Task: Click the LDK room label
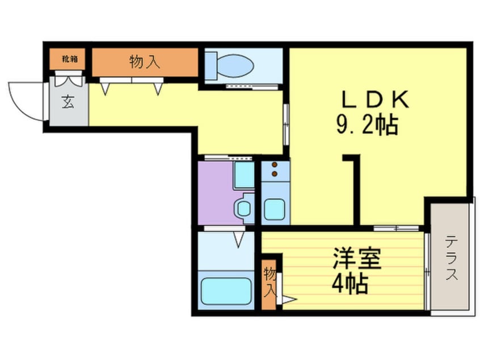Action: [x=375, y=101]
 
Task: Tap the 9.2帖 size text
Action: [x=367, y=124]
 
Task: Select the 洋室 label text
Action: [x=357, y=259]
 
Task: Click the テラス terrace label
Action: [x=452, y=259]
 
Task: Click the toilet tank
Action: [x=210, y=65]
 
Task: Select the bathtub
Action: [x=226, y=291]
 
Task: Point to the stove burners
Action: [x=275, y=169]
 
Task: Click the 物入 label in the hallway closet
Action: [x=145, y=62]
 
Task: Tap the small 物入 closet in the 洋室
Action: [x=270, y=282]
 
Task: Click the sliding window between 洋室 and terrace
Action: [x=427, y=273]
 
